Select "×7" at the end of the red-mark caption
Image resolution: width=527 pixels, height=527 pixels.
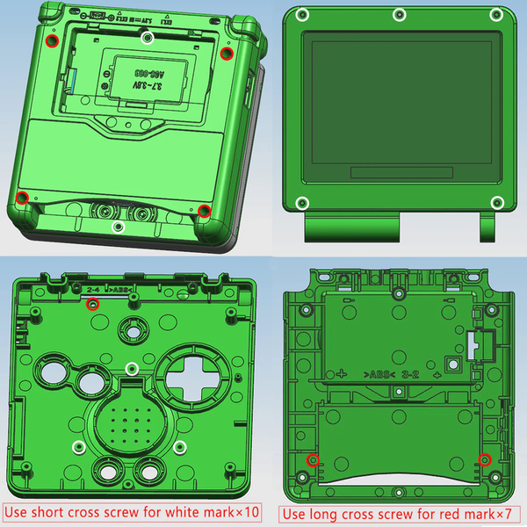[x=503, y=513]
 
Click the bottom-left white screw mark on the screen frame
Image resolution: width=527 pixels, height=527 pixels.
[x=301, y=203]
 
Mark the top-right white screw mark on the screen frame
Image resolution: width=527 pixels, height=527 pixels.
[x=496, y=15]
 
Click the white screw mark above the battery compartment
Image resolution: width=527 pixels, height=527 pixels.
[x=148, y=36]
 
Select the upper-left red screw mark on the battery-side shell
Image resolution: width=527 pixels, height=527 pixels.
[x=51, y=41]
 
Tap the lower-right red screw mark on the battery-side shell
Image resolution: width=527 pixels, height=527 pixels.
[x=203, y=210]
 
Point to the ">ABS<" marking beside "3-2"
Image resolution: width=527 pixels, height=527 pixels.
[x=381, y=374]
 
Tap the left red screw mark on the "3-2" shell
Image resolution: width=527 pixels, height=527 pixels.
[x=311, y=459]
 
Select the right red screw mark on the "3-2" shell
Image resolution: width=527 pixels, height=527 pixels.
[x=484, y=458]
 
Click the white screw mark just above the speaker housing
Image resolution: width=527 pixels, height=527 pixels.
[x=131, y=367]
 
